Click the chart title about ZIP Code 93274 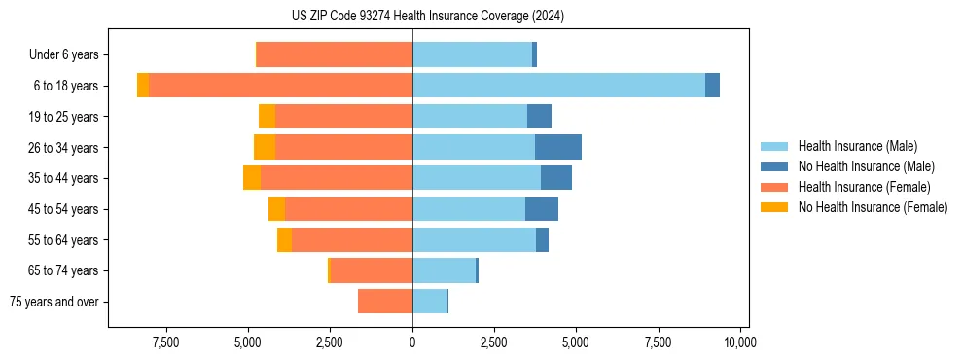427,17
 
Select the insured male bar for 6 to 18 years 558,86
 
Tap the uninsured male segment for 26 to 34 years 557,147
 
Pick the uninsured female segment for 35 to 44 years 252,178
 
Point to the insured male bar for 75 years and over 430,302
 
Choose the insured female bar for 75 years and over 385,302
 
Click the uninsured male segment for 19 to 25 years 539,117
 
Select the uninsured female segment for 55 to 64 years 284,239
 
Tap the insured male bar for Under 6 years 472,54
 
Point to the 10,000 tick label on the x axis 740,342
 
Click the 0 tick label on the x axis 412,342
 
